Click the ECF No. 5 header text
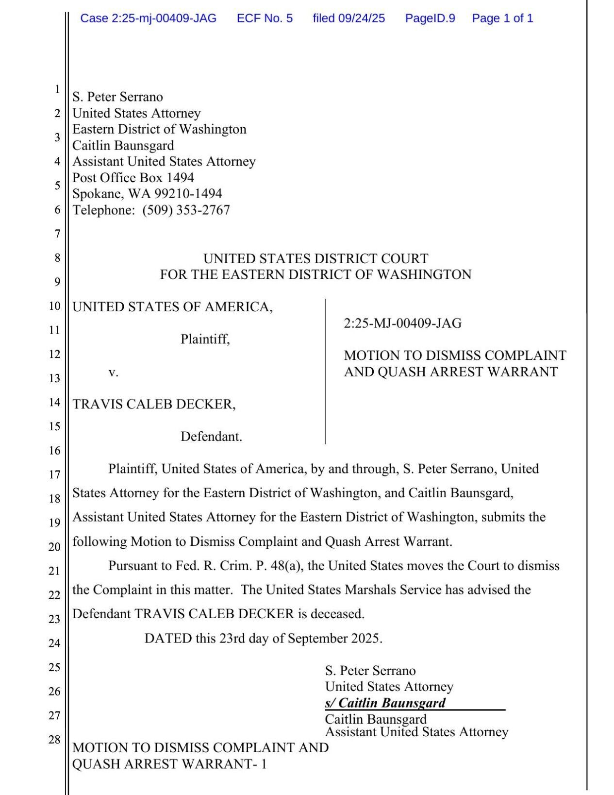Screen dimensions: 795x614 pyautogui.click(x=265, y=18)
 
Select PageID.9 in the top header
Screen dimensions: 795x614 pyautogui.click(x=430, y=18)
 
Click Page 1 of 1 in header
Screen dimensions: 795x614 pyautogui.click(x=502, y=18)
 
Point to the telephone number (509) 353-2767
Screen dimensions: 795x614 pyautogui.click(x=186, y=210)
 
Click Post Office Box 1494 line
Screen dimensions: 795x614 pyautogui.click(x=133, y=178)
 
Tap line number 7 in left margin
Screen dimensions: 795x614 pyautogui.click(x=57, y=234)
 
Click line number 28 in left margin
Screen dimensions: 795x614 pyautogui.click(x=54, y=740)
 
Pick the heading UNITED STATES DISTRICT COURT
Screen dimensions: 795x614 pyautogui.click(x=315, y=258)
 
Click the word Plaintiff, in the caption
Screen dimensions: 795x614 pyautogui.click(x=205, y=339)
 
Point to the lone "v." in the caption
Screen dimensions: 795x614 pyautogui.click(x=113, y=372)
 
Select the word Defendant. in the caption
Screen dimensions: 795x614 pyautogui.click(x=211, y=437)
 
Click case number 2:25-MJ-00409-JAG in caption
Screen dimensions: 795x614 pyautogui.click(x=402, y=323)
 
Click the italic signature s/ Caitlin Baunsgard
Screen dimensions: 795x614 pyautogui.click(x=385, y=703)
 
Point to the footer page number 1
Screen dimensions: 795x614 pyautogui.click(x=264, y=764)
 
